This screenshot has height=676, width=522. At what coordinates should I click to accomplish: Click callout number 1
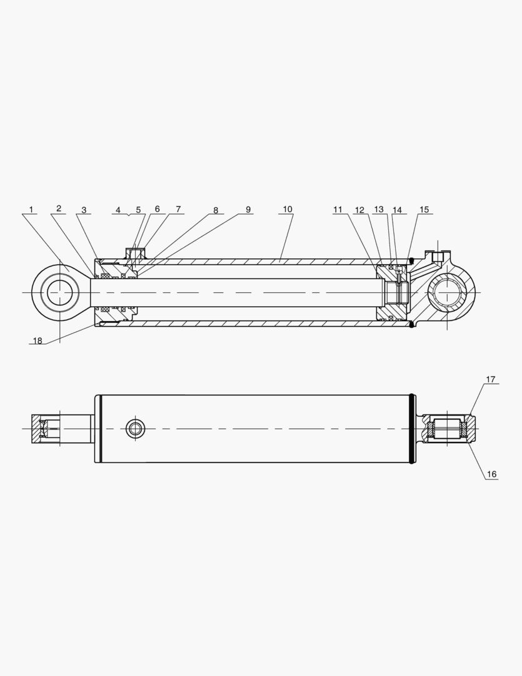[x=31, y=209]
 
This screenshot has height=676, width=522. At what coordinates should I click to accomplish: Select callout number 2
[x=58, y=208]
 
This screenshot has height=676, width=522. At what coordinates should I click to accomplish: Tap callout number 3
[x=84, y=210]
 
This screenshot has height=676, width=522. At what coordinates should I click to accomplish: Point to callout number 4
[x=118, y=210]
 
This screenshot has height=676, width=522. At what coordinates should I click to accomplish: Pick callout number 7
[x=178, y=209]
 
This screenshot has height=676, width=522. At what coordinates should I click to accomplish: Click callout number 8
[x=216, y=210]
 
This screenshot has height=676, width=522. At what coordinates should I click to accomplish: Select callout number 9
[x=248, y=209]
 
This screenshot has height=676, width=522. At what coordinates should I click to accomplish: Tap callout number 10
[x=287, y=209]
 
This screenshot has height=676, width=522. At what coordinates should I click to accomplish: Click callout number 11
[x=338, y=210]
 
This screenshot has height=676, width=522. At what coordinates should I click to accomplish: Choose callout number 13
[x=378, y=209]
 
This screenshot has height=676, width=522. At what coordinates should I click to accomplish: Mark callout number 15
[x=424, y=210]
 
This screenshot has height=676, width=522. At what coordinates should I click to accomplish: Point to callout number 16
[x=491, y=474]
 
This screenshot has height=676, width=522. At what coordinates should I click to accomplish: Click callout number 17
[x=491, y=379]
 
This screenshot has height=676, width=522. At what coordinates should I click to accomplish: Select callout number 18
[x=37, y=341]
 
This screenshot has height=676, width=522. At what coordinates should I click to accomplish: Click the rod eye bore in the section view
[x=60, y=292]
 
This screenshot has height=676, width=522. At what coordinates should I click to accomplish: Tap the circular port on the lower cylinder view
[x=134, y=429]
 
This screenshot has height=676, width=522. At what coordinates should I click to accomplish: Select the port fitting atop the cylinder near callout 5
[x=134, y=252]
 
